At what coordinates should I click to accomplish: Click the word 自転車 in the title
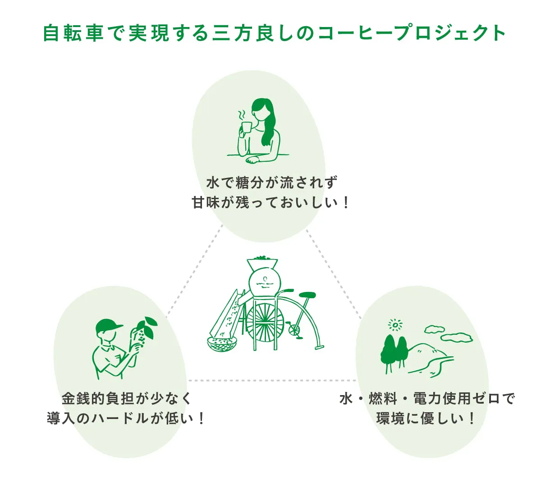[73, 33]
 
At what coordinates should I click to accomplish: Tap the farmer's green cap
[108, 326]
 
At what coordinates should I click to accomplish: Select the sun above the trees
[395, 325]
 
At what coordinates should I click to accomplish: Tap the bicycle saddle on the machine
[307, 295]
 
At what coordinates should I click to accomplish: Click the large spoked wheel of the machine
[265, 320]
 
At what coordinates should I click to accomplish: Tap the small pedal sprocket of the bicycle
[293, 329]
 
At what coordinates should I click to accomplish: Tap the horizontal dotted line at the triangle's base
[272, 381]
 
